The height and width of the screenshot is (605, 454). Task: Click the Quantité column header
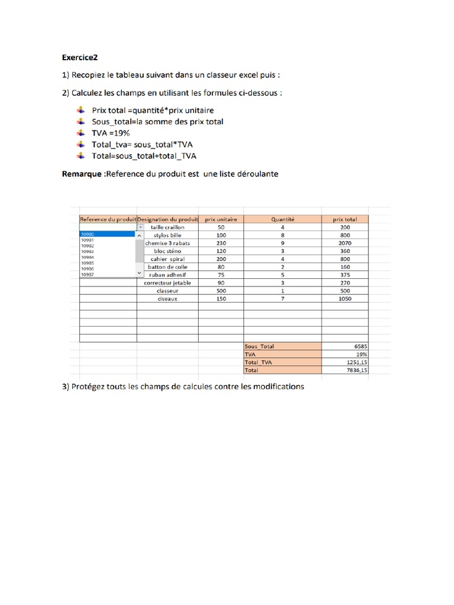[x=283, y=219]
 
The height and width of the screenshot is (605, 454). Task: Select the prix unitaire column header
[x=220, y=219]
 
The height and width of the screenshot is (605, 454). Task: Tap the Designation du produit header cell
[x=167, y=219]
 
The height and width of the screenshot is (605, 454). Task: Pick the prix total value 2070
[x=345, y=243]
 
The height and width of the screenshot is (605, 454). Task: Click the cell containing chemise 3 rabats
[x=167, y=243]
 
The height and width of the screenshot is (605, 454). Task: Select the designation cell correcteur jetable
[x=167, y=283]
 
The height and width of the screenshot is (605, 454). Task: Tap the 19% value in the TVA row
[x=362, y=354]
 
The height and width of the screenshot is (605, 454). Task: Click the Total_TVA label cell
[x=258, y=363]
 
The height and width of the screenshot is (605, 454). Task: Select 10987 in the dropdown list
[x=87, y=275]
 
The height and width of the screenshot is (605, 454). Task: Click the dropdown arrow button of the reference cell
[x=140, y=227]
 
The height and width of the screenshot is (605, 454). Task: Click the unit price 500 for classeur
[x=220, y=291]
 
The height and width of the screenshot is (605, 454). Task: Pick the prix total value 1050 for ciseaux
[x=345, y=299]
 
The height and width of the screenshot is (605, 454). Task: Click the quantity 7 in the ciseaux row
[x=283, y=299]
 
